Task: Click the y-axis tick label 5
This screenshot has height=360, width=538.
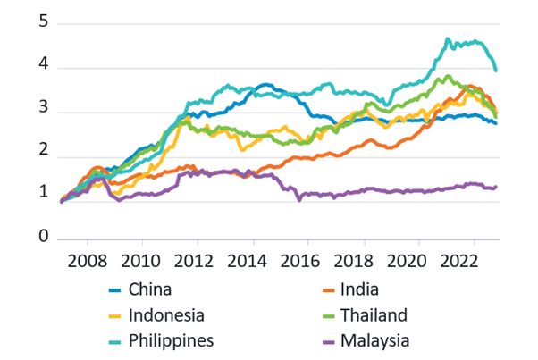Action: point(42,23)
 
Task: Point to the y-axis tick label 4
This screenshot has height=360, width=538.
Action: point(42,68)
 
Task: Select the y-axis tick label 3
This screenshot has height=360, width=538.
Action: point(42,113)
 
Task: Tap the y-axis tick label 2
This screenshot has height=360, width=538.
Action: point(42,158)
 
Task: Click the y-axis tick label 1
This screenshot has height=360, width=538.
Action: point(42,193)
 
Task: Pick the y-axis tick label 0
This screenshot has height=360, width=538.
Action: point(42,238)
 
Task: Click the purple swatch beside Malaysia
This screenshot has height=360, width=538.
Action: point(319,340)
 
